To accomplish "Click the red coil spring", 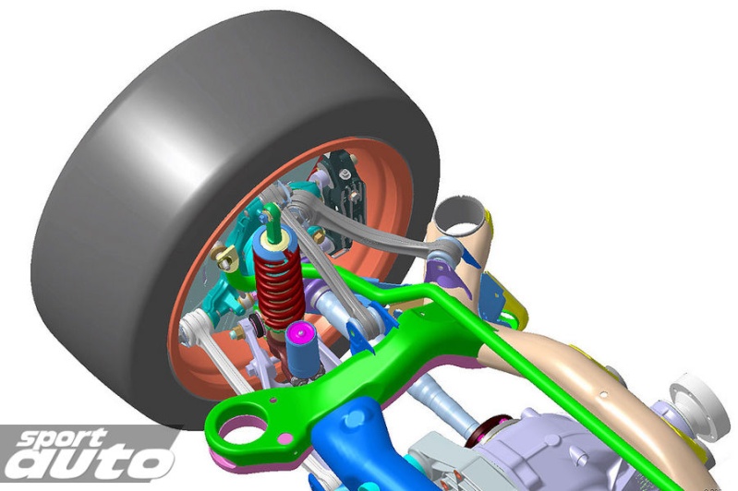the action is tap(279, 288).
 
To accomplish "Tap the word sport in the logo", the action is tap(61, 439).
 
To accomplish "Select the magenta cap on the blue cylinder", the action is tap(299, 332).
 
